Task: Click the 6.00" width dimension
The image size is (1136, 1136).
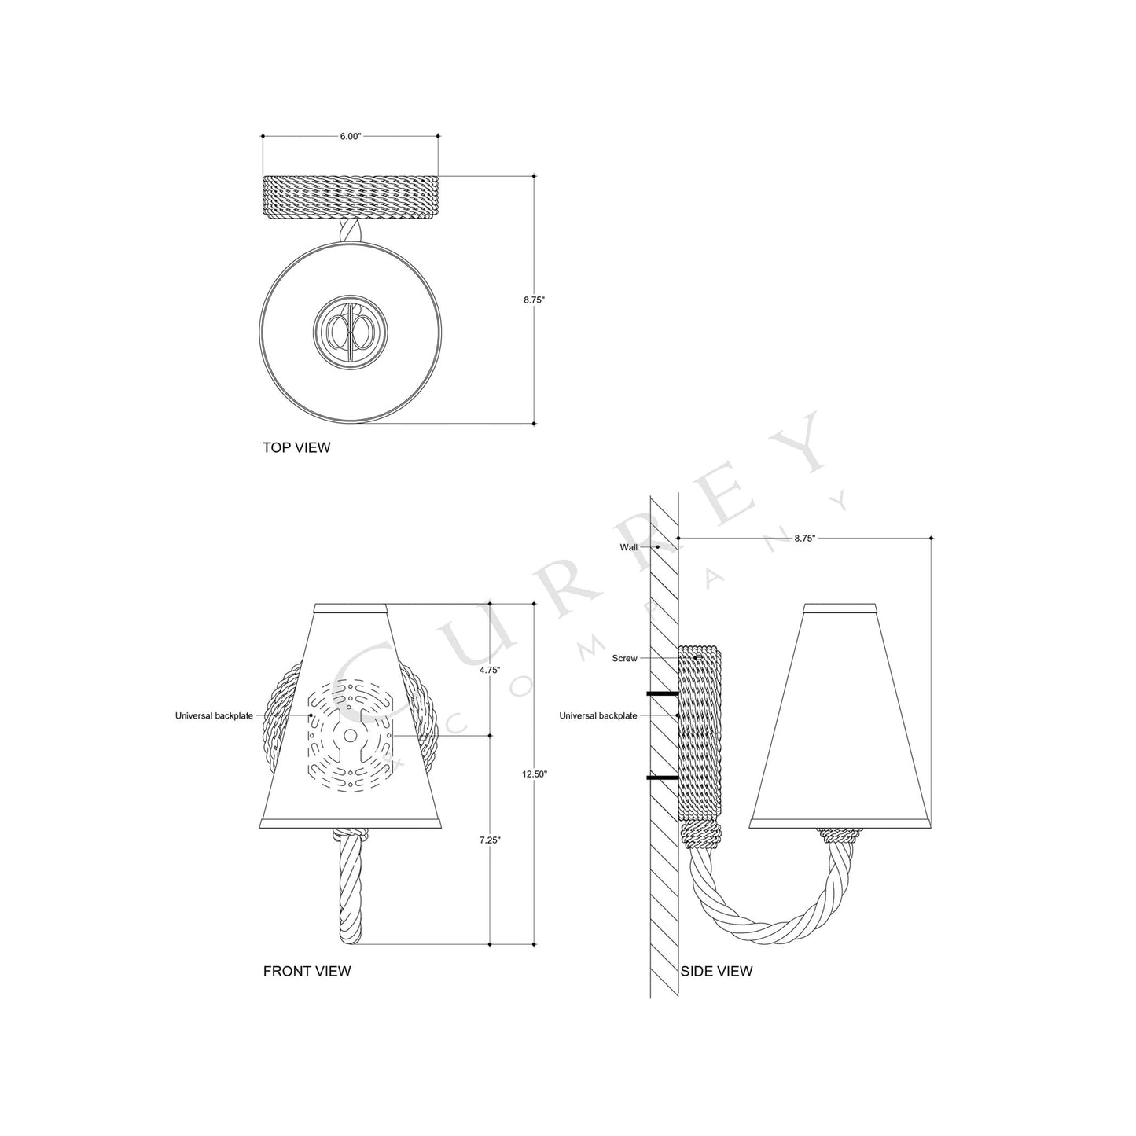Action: (x=350, y=136)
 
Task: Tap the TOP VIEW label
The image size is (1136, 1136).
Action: (x=296, y=448)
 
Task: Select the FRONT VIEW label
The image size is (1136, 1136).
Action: (x=307, y=971)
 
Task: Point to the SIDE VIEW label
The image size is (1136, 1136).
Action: (x=716, y=971)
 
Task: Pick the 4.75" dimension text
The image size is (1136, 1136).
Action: (x=490, y=671)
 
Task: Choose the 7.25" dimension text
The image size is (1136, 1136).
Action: (x=490, y=840)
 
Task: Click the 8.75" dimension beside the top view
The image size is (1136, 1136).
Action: (x=535, y=300)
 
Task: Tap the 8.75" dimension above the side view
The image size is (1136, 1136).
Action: (x=804, y=539)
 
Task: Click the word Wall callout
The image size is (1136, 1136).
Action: (x=629, y=546)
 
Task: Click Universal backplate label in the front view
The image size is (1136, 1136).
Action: (x=214, y=715)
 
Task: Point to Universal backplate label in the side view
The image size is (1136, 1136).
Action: (x=598, y=715)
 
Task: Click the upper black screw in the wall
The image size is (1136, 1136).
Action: (x=662, y=694)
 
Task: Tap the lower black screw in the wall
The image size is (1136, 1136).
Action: (x=662, y=778)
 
